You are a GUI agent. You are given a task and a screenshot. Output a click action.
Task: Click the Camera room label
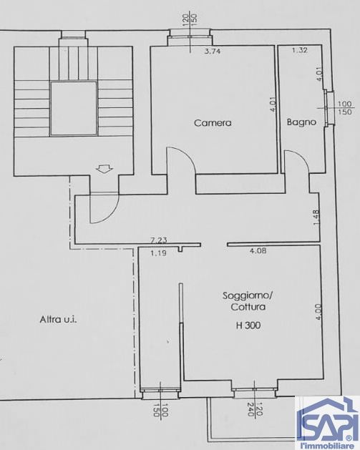(213, 122)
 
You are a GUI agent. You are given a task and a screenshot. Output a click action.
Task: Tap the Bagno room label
(301, 122)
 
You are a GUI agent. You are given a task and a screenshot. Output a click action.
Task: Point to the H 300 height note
(248, 326)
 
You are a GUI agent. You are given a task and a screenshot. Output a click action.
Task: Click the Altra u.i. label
(58, 320)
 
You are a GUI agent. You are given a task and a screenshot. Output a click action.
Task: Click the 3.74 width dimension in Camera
(212, 52)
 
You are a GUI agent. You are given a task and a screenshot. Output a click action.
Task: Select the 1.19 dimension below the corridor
(158, 253)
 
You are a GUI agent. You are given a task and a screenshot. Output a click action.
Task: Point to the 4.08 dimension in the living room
(258, 251)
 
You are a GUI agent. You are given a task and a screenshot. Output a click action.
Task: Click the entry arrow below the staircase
(103, 170)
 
